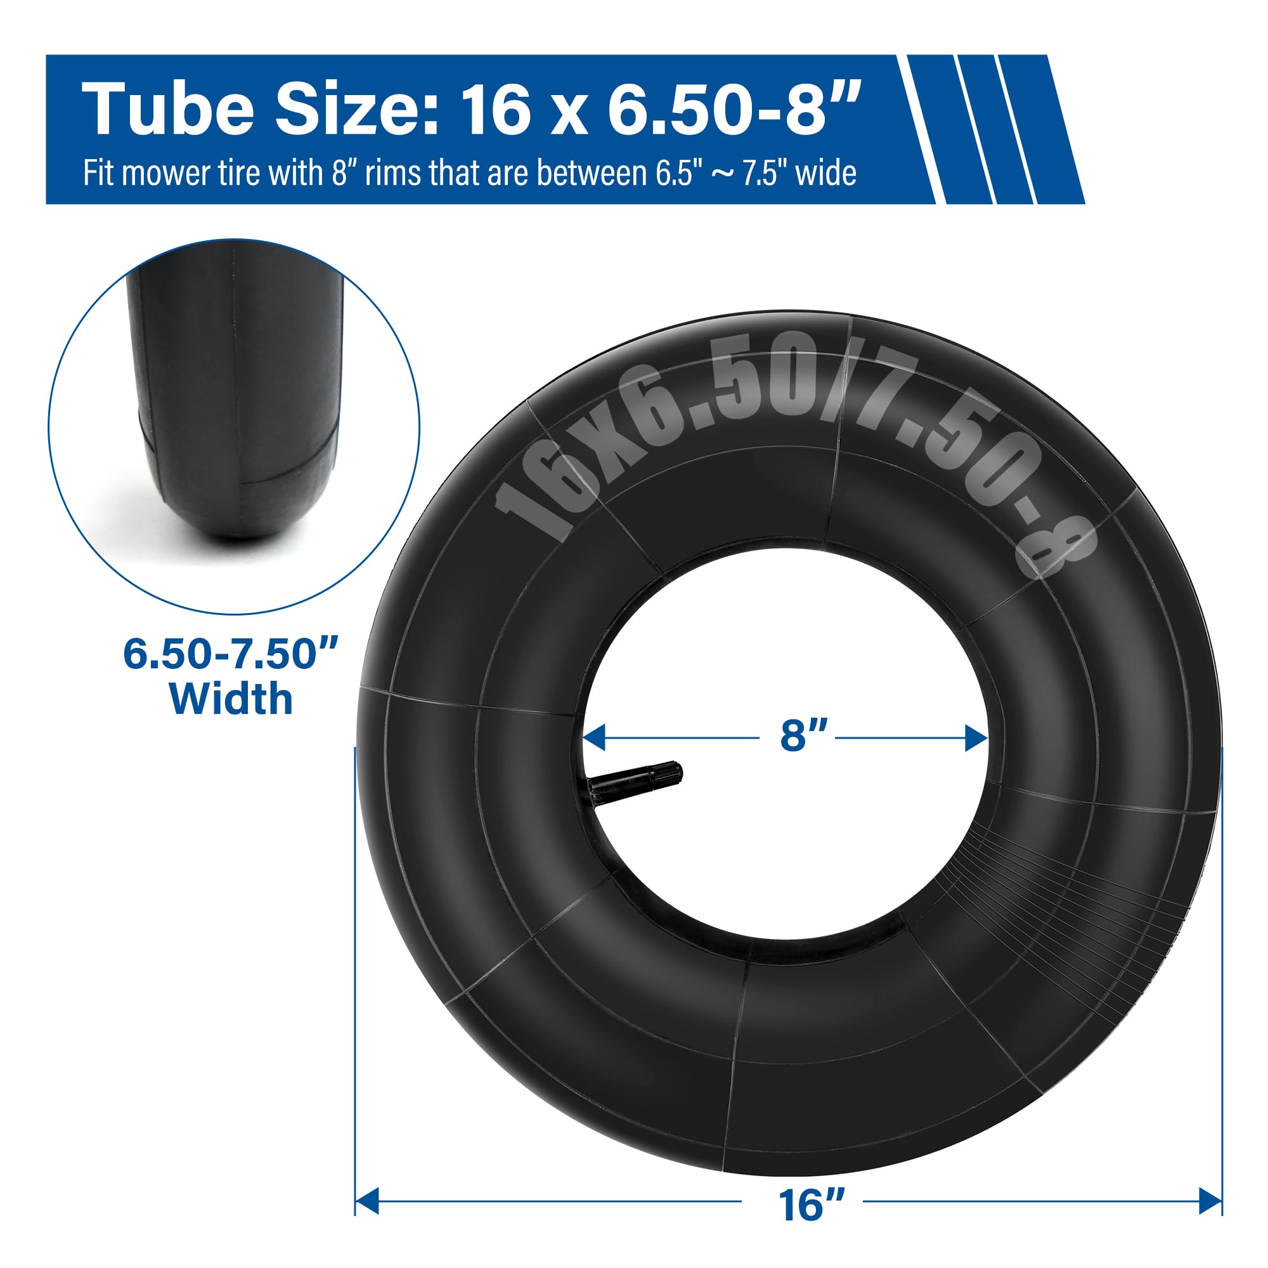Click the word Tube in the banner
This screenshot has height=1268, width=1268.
(x=167, y=109)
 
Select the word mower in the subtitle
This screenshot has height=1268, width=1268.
(x=158, y=174)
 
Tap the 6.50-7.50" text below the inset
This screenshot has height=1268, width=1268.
(x=231, y=654)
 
